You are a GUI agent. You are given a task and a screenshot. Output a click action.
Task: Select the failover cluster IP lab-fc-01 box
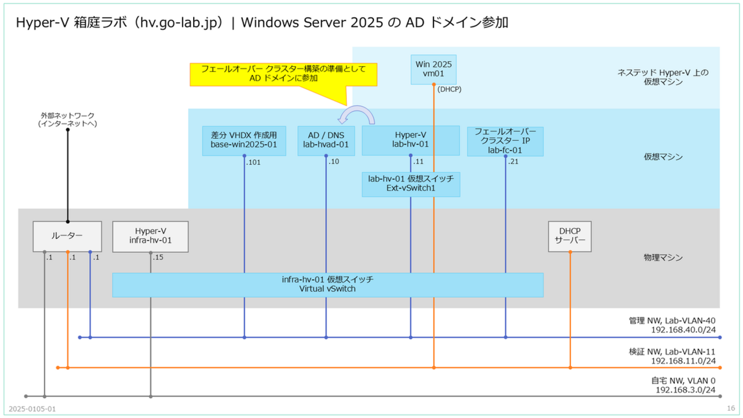pyautogui.click(x=505, y=141)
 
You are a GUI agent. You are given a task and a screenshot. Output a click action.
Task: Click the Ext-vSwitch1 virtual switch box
pyautogui.click(x=411, y=183)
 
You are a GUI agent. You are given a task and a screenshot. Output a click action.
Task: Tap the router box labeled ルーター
pyautogui.click(x=68, y=236)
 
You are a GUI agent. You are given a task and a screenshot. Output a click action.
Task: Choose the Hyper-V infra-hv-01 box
pyautogui.click(x=151, y=236)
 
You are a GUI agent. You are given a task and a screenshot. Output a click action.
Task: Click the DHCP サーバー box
pyautogui.click(x=569, y=236)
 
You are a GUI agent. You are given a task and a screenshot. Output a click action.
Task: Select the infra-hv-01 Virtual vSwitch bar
pyautogui.click(x=327, y=285)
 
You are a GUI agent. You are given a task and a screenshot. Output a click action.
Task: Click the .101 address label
pyautogui.click(x=253, y=162)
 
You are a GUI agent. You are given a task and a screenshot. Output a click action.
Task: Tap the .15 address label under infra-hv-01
pyautogui.click(x=158, y=257)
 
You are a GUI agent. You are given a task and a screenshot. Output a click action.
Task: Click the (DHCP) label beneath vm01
pyautogui.click(x=449, y=90)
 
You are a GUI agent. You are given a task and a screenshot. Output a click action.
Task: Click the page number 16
pyautogui.click(x=730, y=408)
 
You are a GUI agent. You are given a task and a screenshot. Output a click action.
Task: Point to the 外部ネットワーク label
pyautogui.click(x=67, y=119)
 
